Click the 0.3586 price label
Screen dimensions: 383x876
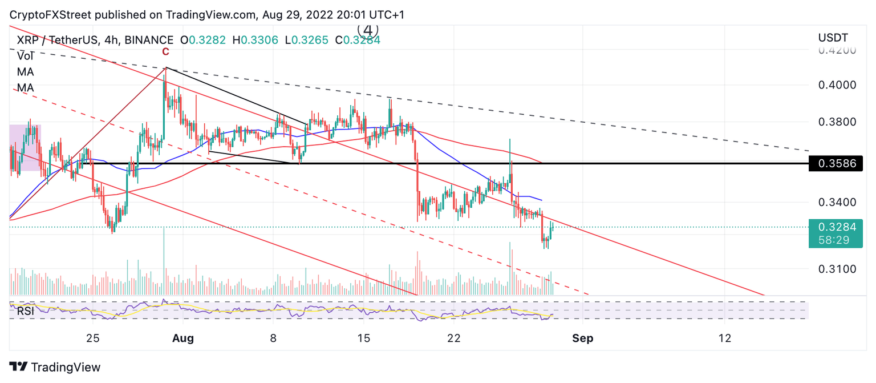click(837, 163)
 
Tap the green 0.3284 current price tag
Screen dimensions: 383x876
click(836, 227)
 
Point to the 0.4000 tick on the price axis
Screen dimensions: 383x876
click(836, 85)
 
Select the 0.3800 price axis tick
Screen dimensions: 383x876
click(836, 122)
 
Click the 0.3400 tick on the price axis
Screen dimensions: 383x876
click(836, 202)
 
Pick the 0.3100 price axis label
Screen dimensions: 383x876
click(836, 269)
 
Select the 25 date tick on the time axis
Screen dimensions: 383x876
click(93, 338)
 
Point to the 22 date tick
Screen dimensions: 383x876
click(453, 338)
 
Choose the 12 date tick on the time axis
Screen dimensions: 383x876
click(724, 338)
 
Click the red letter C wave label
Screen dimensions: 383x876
click(165, 52)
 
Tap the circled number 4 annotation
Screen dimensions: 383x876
click(368, 29)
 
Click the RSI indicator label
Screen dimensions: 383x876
click(25, 311)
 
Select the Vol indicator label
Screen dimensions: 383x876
click(25, 56)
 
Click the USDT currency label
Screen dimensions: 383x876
click(833, 38)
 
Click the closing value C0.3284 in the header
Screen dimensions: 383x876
click(358, 40)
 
